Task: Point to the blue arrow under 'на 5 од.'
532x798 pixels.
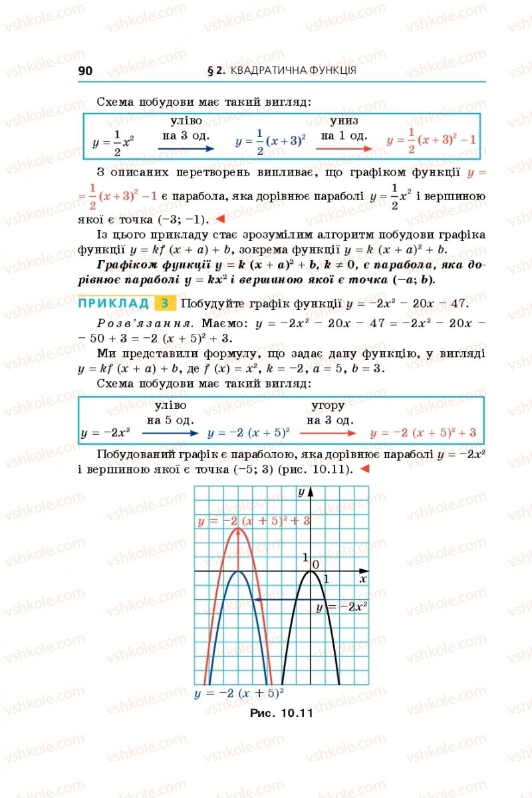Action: pos(170,433)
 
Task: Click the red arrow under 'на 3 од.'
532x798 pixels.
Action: pos(328,433)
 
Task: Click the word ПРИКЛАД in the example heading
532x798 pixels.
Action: pos(114,304)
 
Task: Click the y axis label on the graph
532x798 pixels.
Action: pos(301,492)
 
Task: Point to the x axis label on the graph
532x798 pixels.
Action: pos(363,579)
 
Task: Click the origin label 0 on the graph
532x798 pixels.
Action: pos(317,565)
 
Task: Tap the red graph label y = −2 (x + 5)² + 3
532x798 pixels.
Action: pos(253,521)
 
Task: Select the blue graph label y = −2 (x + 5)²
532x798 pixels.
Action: pos(239,693)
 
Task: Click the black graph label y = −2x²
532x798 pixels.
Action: pos(342,606)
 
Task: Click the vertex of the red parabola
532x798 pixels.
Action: pos(239,528)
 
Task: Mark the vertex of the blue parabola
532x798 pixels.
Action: pos(239,571)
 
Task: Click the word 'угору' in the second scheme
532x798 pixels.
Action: pos(328,406)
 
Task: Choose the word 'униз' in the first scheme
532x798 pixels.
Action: pos(344,121)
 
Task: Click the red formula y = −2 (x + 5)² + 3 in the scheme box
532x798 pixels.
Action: pos(424,433)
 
